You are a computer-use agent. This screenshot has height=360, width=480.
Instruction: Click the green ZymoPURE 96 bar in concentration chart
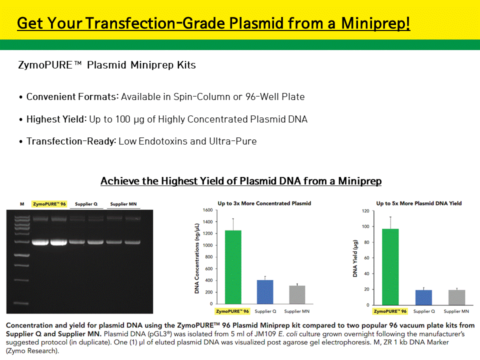pyautogui.click(x=233, y=267)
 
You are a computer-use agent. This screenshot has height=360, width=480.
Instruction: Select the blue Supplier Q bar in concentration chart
pyautogui.click(x=265, y=292)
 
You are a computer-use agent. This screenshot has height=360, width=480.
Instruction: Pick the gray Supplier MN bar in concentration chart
pyautogui.click(x=297, y=295)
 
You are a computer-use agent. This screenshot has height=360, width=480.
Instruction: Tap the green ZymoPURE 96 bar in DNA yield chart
pyautogui.click(x=390, y=267)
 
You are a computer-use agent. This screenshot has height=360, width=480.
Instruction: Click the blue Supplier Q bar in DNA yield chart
pyautogui.click(x=423, y=297)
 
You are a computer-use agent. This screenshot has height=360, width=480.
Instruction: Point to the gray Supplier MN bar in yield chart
pyautogui.click(x=456, y=297)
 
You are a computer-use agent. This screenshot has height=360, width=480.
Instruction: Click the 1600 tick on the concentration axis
pyautogui.click(x=207, y=210)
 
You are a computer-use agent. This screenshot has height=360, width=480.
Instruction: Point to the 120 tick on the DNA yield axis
pyautogui.click(x=365, y=211)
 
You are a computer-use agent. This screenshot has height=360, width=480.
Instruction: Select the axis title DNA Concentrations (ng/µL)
pyautogui.click(x=197, y=258)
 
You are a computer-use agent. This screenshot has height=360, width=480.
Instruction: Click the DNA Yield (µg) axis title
pyautogui.click(x=355, y=258)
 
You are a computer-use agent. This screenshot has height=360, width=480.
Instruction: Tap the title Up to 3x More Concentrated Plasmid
pyautogui.click(x=264, y=203)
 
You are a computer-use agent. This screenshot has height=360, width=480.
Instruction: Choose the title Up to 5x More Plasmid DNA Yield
pyautogui.click(x=419, y=203)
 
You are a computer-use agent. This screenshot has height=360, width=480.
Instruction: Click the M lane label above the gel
pyautogui.click(x=22, y=204)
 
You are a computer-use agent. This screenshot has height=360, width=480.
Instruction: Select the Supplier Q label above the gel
pyautogui.click(x=86, y=204)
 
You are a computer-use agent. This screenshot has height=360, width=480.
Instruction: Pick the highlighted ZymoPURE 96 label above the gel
pyautogui.click(x=49, y=204)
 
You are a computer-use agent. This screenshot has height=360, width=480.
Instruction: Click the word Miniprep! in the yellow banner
pyautogui.click(x=375, y=23)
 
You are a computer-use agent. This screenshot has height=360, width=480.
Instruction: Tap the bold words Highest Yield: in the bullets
pyautogui.click(x=56, y=119)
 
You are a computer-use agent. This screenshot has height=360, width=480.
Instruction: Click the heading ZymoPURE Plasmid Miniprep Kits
pyautogui.click(x=107, y=65)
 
